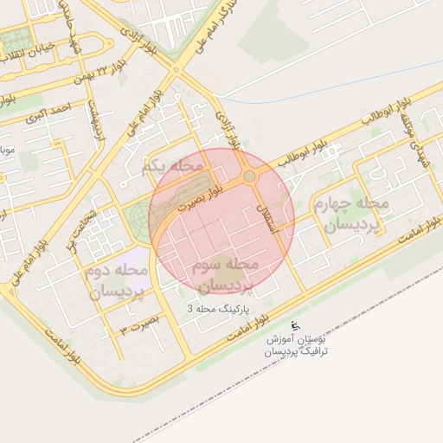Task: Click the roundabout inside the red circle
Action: [x=249, y=177]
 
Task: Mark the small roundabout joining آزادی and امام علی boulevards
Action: [x=176, y=69]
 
